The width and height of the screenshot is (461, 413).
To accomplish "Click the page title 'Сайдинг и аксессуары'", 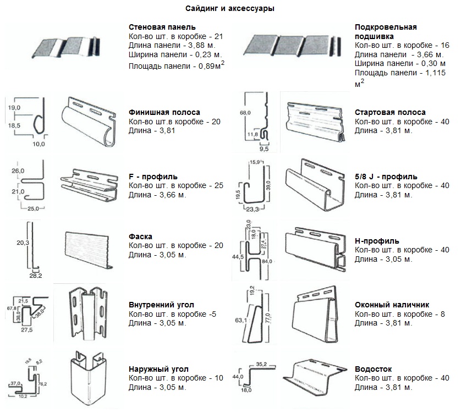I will click(x=230, y=9).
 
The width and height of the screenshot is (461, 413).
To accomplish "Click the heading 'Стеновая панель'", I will click(x=162, y=27).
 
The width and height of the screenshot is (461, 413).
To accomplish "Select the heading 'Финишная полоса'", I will click(x=164, y=112).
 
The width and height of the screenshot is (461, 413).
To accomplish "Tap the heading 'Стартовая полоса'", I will click(x=390, y=112).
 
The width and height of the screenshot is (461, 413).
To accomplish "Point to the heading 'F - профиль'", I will click(x=152, y=177).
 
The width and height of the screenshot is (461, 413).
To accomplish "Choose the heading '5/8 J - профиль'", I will click(x=386, y=177).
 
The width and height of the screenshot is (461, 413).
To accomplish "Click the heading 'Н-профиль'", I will click(x=377, y=241).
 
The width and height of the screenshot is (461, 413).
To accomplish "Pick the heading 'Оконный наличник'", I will click(x=392, y=305).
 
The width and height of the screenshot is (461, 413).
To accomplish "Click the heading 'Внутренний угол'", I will click(x=161, y=305).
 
